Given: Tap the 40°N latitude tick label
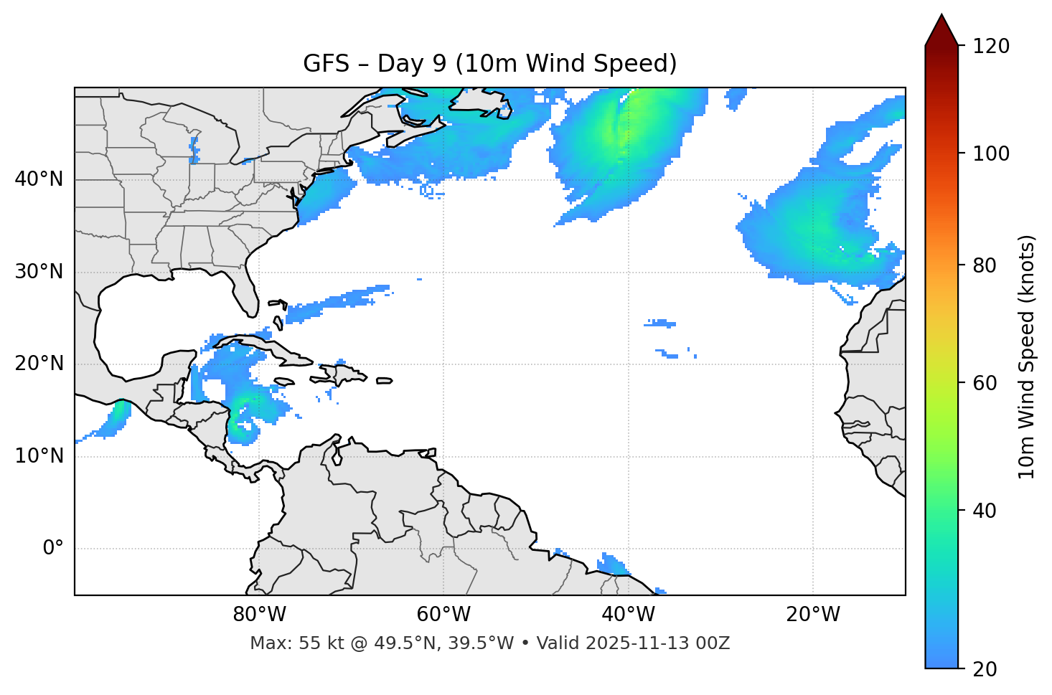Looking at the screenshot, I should pos(39,179).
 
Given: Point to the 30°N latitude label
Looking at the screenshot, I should pos(39,272).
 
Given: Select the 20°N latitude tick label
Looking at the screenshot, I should pos(39,364).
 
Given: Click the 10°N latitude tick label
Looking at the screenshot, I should pos(39,456).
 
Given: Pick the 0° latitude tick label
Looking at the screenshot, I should pos(53,548).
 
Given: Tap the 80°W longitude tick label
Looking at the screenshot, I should pos(259,615).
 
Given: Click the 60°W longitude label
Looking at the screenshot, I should pos(443,615).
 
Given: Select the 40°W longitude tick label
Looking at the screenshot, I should pos(628,615).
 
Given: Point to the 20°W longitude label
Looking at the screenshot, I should pos(812,615).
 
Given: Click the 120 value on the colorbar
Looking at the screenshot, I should pos(992,47).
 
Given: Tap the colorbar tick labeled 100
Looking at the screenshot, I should pos(992,153).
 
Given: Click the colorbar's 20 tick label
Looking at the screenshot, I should pos(985,669).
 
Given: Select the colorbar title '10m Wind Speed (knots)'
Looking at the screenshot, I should pos(1028,356).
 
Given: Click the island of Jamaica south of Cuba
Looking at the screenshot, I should pos(284,382).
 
